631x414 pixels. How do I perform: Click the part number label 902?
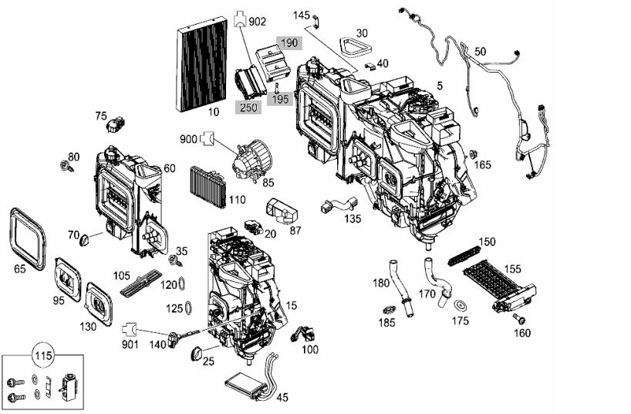(258, 22)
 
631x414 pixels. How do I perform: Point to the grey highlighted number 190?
(289, 42)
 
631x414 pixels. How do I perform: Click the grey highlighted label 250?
(248, 107)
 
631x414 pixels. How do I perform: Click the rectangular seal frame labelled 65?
(28, 239)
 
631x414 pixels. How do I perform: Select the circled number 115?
(43, 355)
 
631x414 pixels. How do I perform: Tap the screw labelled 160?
(518, 319)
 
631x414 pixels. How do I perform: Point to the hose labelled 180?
(400, 288)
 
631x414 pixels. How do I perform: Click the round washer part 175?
(460, 306)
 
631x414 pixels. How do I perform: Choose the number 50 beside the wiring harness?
(480, 52)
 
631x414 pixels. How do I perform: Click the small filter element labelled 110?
(208, 187)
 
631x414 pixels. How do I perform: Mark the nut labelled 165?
(474, 154)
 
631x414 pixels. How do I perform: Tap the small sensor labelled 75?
(116, 124)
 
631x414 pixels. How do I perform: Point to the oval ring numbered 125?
(188, 308)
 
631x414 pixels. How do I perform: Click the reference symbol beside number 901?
(130, 329)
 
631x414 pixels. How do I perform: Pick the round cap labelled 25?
(197, 353)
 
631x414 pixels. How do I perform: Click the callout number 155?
(512, 269)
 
